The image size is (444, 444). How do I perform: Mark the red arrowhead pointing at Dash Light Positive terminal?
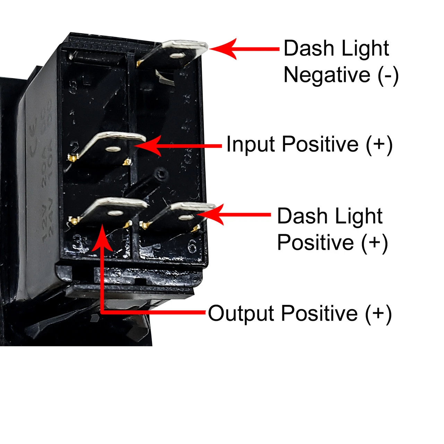click(212, 214)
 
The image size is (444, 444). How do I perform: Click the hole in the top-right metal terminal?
click(177, 55)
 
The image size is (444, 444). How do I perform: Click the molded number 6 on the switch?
click(192, 247)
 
